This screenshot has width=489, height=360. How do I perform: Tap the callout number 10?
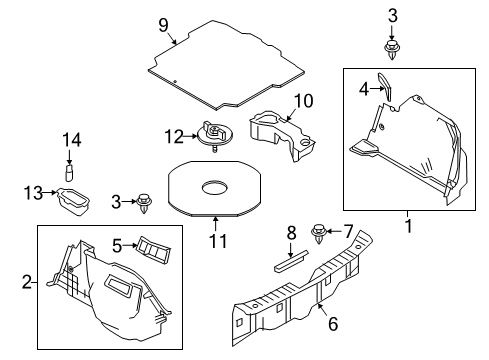[x=303, y=100]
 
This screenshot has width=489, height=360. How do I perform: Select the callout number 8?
[x=292, y=233]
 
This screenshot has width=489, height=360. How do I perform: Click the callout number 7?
[x=348, y=230]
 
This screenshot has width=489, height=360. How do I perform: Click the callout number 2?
[x=27, y=283]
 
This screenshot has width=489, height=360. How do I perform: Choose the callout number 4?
[x=365, y=89]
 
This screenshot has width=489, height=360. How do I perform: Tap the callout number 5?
[x=116, y=243]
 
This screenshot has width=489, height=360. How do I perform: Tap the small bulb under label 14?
[x=69, y=171]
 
